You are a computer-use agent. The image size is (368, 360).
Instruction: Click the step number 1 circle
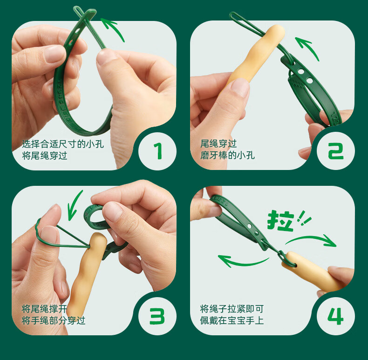click(157, 151)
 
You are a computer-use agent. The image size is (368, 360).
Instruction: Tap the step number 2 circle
click(335, 151)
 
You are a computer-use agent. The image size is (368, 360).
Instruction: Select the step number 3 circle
click(157, 316)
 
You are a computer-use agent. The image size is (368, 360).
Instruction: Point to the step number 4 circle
click(335, 316)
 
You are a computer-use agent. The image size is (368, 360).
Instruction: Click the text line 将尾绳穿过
click(45, 156)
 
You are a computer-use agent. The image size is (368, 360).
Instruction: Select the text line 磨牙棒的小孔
click(227, 156)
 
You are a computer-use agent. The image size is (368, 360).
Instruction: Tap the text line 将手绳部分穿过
click(54, 320)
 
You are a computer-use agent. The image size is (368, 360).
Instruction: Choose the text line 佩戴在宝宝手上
click(232, 320)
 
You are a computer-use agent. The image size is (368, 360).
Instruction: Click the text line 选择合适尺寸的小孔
click(63, 144)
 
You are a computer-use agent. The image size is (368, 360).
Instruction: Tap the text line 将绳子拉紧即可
click(232, 309)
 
